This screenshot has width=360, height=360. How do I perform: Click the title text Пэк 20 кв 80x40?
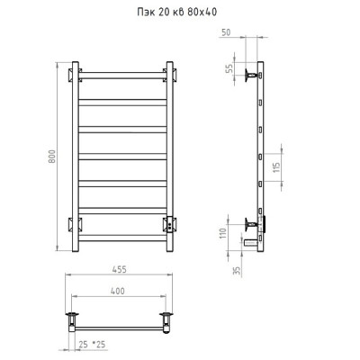pyautogui.click(x=176, y=12)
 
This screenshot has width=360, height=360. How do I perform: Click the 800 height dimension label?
pyautogui.click(x=52, y=157)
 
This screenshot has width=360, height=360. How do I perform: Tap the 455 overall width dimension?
pyautogui.click(x=120, y=269)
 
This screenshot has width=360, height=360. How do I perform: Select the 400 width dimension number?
pyautogui.click(x=118, y=291)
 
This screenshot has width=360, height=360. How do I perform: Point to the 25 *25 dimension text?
pyautogui.click(x=92, y=345)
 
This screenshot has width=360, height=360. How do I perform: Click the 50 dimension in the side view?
pyautogui.click(x=226, y=32)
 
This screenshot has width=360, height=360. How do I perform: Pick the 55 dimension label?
pyautogui.click(x=229, y=68)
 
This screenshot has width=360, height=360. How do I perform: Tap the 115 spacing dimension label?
pyautogui.click(x=276, y=166)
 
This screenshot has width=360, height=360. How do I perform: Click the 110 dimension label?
pyautogui.click(x=223, y=233)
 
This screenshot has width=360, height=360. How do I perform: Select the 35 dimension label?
pyautogui.click(x=237, y=271)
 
